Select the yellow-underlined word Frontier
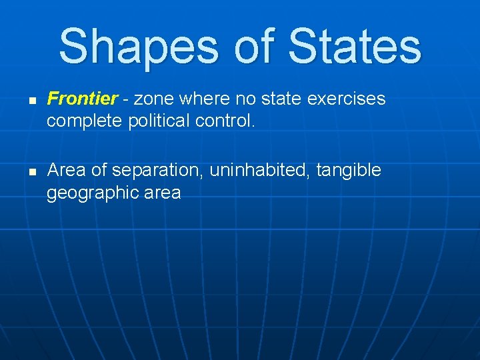(83, 99)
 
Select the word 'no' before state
(247, 99)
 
